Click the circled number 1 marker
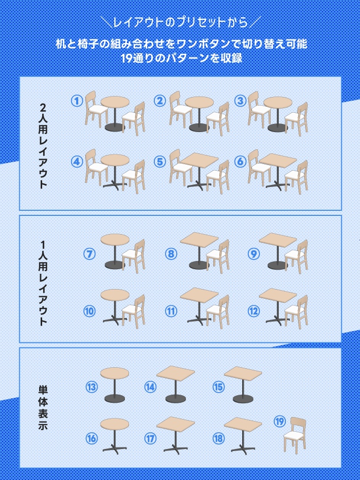77,101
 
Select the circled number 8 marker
172,253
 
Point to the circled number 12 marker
254,310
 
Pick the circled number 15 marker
218,387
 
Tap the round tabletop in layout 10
115,295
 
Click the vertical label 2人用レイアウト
44,146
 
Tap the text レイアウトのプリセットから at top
180,23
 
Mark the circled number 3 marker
241,101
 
